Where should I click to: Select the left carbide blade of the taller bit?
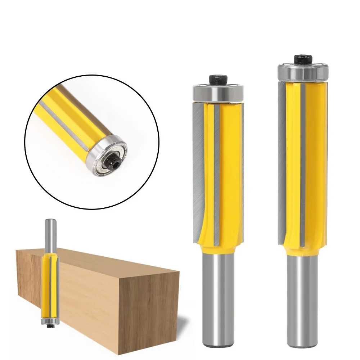coord(282,158)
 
